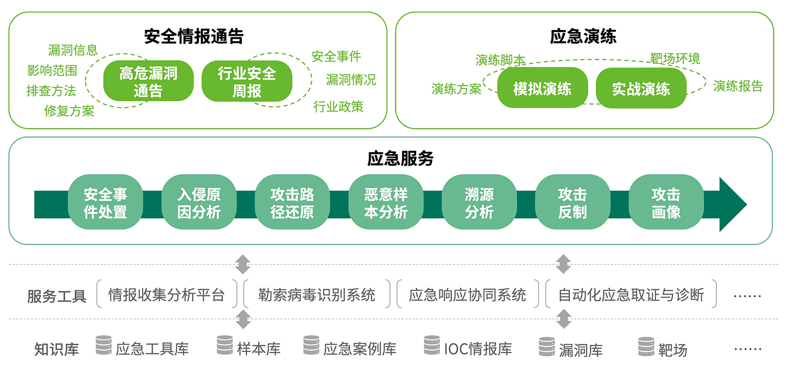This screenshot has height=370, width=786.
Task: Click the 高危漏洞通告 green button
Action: coord(148,81)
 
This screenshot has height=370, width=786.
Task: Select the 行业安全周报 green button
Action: coord(246,81)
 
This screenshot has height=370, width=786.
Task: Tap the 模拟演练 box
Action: coord(542,88)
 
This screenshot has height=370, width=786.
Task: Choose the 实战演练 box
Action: coord(641,88)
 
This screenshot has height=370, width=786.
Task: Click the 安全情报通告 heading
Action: coord(194,37)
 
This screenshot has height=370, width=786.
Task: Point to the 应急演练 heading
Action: coord(583,37)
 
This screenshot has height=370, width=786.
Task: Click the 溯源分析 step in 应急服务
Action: coord(479,203)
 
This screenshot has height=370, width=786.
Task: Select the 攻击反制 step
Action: coord(572,203)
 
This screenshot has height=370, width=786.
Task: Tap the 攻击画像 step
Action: coord(665,203)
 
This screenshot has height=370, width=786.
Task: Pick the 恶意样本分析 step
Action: coord(385,203)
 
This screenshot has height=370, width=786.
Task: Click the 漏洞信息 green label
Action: coord(73,50)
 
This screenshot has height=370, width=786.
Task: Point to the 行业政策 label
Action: coord(338,107)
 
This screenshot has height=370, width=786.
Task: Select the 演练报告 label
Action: coord(738,86)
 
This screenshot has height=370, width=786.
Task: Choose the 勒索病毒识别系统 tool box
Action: coord(317,295)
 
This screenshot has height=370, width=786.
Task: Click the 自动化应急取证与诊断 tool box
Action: coord(631,295)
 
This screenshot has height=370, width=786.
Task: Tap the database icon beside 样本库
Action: coord(225,346)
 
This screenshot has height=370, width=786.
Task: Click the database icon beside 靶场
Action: coord(646,347)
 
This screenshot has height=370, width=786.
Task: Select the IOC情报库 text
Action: coord(478,349)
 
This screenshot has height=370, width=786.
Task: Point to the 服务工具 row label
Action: coord(57,297)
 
